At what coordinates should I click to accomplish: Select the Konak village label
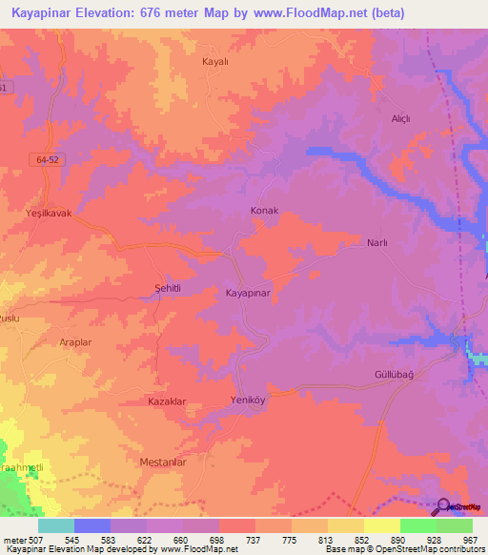click(x=263, y=210)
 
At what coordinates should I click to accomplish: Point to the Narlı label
click(x=377, y=243)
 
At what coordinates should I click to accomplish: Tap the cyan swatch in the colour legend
click(x=56, y=525)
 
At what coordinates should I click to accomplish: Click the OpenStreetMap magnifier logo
click(x=444, y=507)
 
